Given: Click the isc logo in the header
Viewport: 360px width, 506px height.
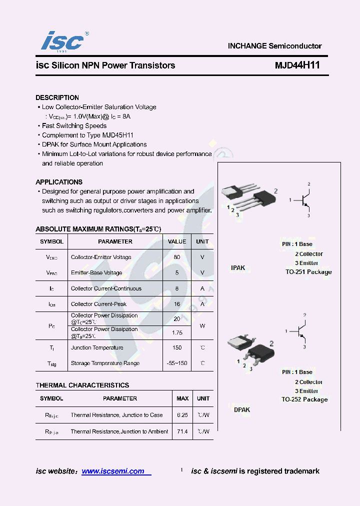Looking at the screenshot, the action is click(x=62, y=41).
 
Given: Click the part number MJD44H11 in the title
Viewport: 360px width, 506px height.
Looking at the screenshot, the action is click(x=297, y=65).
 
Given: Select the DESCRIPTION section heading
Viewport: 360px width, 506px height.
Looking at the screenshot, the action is click(x=57, y=97).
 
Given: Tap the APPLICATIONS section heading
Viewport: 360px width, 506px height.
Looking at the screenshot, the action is click(x=59, y=182).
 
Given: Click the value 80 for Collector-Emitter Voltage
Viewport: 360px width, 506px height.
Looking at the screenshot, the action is click(x=177, y=257).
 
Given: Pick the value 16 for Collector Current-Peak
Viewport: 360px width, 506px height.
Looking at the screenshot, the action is click(x=177, y=304).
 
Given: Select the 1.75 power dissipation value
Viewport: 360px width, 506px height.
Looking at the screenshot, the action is click(x=177, y=332).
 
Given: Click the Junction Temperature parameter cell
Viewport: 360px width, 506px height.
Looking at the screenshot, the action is click(x=97, y=347).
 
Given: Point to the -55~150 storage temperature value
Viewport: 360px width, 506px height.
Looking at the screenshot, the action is click(x=177, y=363).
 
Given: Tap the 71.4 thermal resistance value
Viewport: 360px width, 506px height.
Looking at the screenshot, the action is click(x=182, y=431).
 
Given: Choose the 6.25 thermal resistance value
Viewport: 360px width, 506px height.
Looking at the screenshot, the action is click(x=182, y=415).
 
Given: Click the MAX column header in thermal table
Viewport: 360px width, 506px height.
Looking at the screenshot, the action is click(x=182, y=398).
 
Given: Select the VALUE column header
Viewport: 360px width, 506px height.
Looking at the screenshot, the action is click(x=177, y=241).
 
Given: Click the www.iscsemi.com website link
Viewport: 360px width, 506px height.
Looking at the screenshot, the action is click(x=113, y=471).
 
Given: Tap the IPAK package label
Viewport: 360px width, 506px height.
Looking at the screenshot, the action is click(x=238, y=268).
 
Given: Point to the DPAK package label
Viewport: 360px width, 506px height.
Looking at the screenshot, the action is click(x=242, y=409).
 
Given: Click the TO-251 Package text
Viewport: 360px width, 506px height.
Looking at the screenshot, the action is click(x=308, y=272).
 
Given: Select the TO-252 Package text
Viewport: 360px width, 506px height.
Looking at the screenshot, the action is click(x=304, y=399).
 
